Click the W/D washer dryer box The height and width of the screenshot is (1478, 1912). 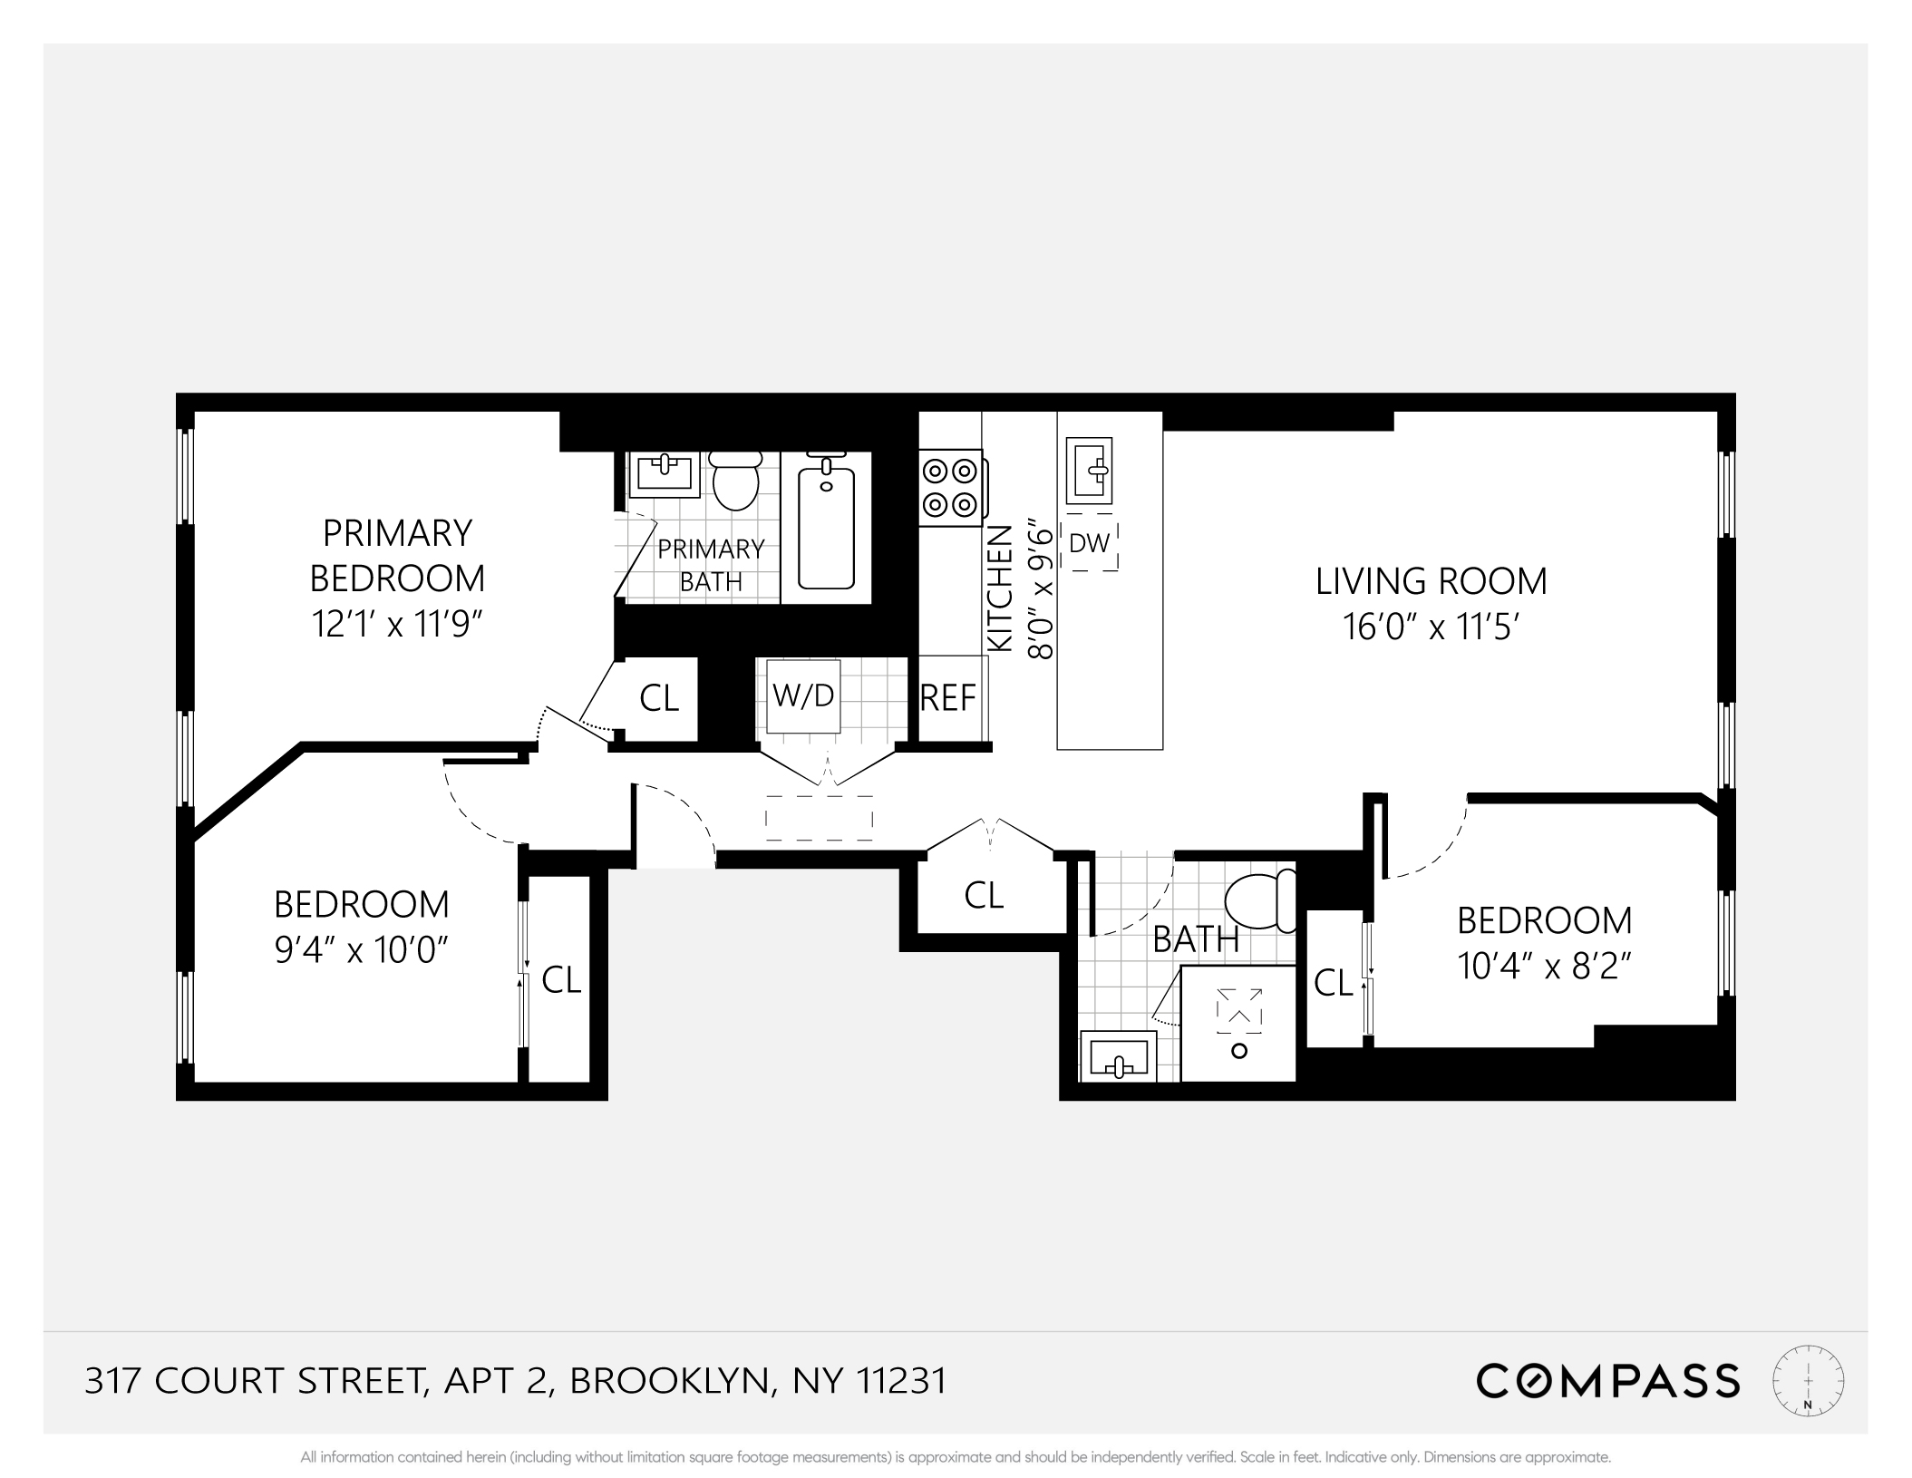pyautogui.click(x=802, y=695)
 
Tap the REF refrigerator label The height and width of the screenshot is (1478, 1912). pyautogui.click(x=948, y=698)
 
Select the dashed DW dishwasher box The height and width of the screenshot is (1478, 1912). pyautogui.click(x=1089, y=544)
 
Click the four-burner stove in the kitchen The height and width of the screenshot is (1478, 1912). pyautogui.click(x=949, y=487)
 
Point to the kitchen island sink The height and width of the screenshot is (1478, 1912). pyautogui.click(x=1089, y=471)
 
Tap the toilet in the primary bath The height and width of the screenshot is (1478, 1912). pyautogui.click(x=735, y=481)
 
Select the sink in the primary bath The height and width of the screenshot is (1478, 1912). pyautogui.click(x=665, y=472)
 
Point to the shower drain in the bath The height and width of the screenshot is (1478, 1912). pyautogui.click(x=1239, y=1051)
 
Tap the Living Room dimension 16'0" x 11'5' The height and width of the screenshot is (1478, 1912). pyautogui.click(x=1430, y=627)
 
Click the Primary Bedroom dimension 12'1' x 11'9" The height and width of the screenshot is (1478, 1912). pyautogui.click(x=396, y=625)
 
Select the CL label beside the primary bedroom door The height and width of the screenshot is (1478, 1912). pyautogui.click(x=659, y=698)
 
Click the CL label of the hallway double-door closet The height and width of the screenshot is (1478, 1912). pyautogui.click(x=984, y=896)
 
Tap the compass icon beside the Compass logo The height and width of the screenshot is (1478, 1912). pyautogui.click(x=1808, y=1380)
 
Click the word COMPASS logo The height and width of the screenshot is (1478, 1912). pyautogui.click(x=1607, y=1381)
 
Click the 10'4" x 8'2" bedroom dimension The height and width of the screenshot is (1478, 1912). pyautogui.click(x=1544, y=967)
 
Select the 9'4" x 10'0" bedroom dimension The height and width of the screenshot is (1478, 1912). pyautogui.click(x=362, y=950)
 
